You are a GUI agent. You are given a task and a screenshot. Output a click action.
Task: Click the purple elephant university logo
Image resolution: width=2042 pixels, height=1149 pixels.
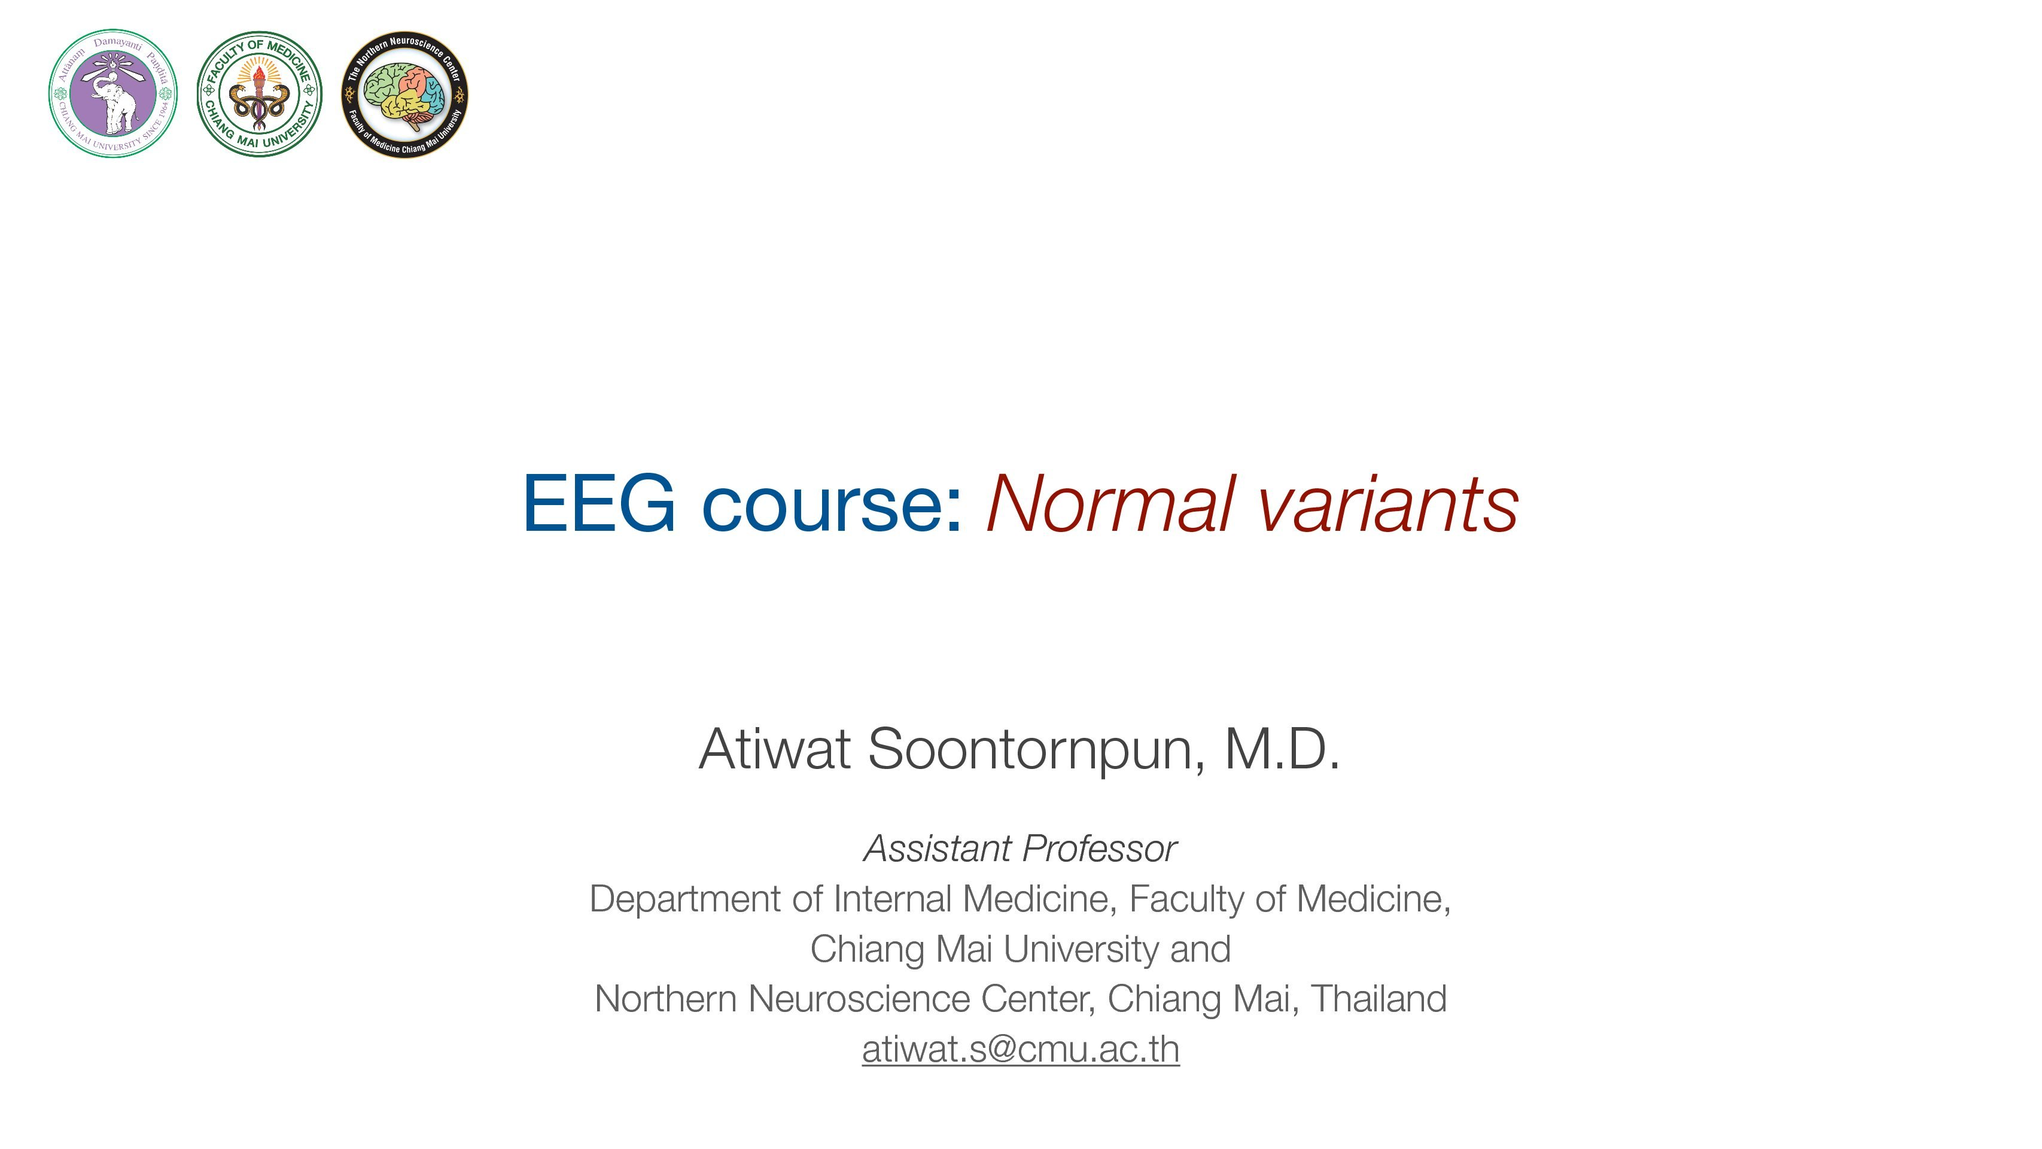tap(112, 93)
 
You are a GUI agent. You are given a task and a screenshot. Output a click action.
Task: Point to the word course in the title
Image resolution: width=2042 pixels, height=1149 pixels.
tap(832, 507)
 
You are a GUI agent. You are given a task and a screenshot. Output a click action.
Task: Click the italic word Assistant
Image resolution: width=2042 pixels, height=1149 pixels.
tap(935, 849)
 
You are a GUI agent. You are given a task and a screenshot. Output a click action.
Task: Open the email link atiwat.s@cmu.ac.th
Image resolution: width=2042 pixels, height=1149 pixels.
tap(1021, 1049)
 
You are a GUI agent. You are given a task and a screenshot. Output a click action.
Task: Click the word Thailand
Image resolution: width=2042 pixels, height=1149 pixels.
tap(1379, 998)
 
